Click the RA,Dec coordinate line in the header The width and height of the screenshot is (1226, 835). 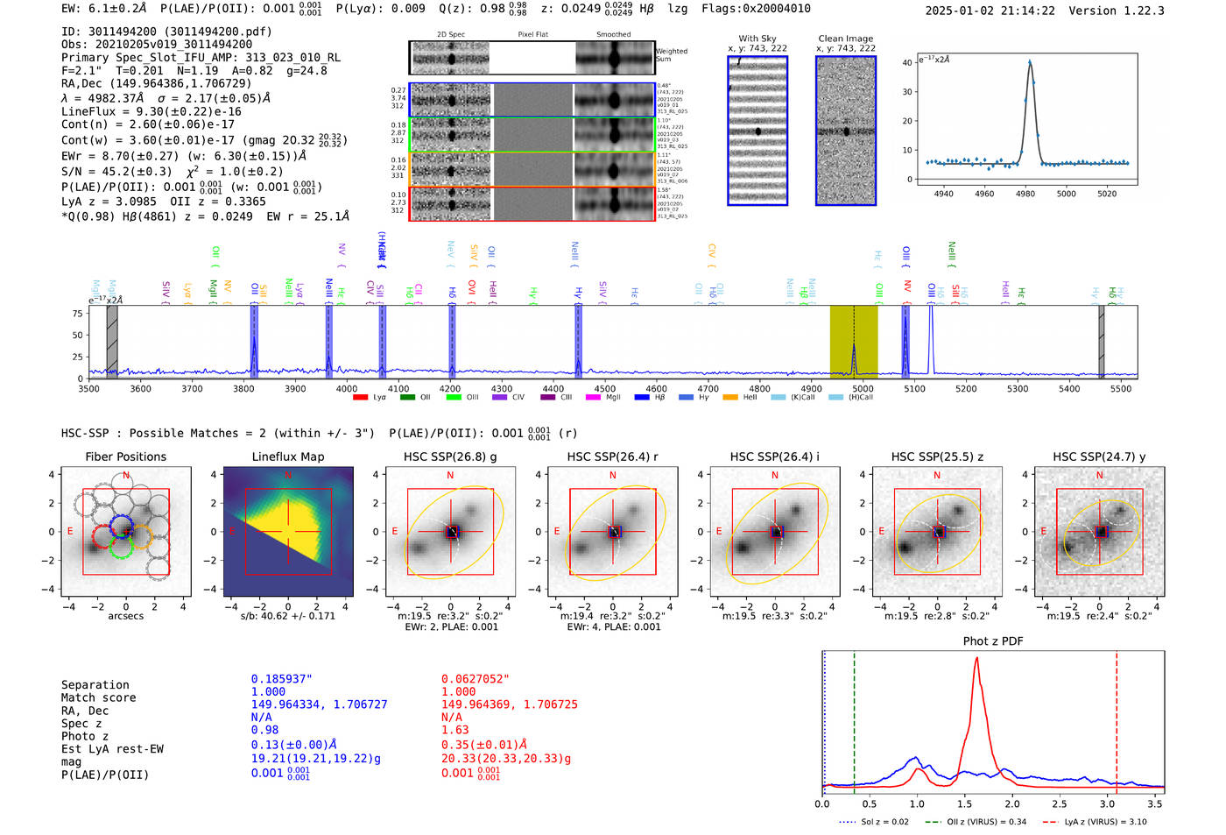[x=156, y=83]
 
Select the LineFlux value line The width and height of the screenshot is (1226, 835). [x=151, y=111]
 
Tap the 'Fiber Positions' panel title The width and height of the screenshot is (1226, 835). [x=125, y=456]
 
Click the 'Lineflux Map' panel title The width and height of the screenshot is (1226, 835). [x=287, y=456]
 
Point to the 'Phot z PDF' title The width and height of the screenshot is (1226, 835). [x=992, y=641]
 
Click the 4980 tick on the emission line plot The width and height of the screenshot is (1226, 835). [x=1025, y=193]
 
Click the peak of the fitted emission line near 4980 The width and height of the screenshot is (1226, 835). [x=1030, y=61]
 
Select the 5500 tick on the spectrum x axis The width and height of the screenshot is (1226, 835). [x=1121, y=388]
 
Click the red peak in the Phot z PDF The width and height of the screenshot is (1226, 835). [x=976, y=659]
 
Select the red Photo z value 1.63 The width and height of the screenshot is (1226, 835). [x=454, y=730]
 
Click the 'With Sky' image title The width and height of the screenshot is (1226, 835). [x=757, y=39]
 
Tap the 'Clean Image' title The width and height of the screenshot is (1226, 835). [x=845, y=39]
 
